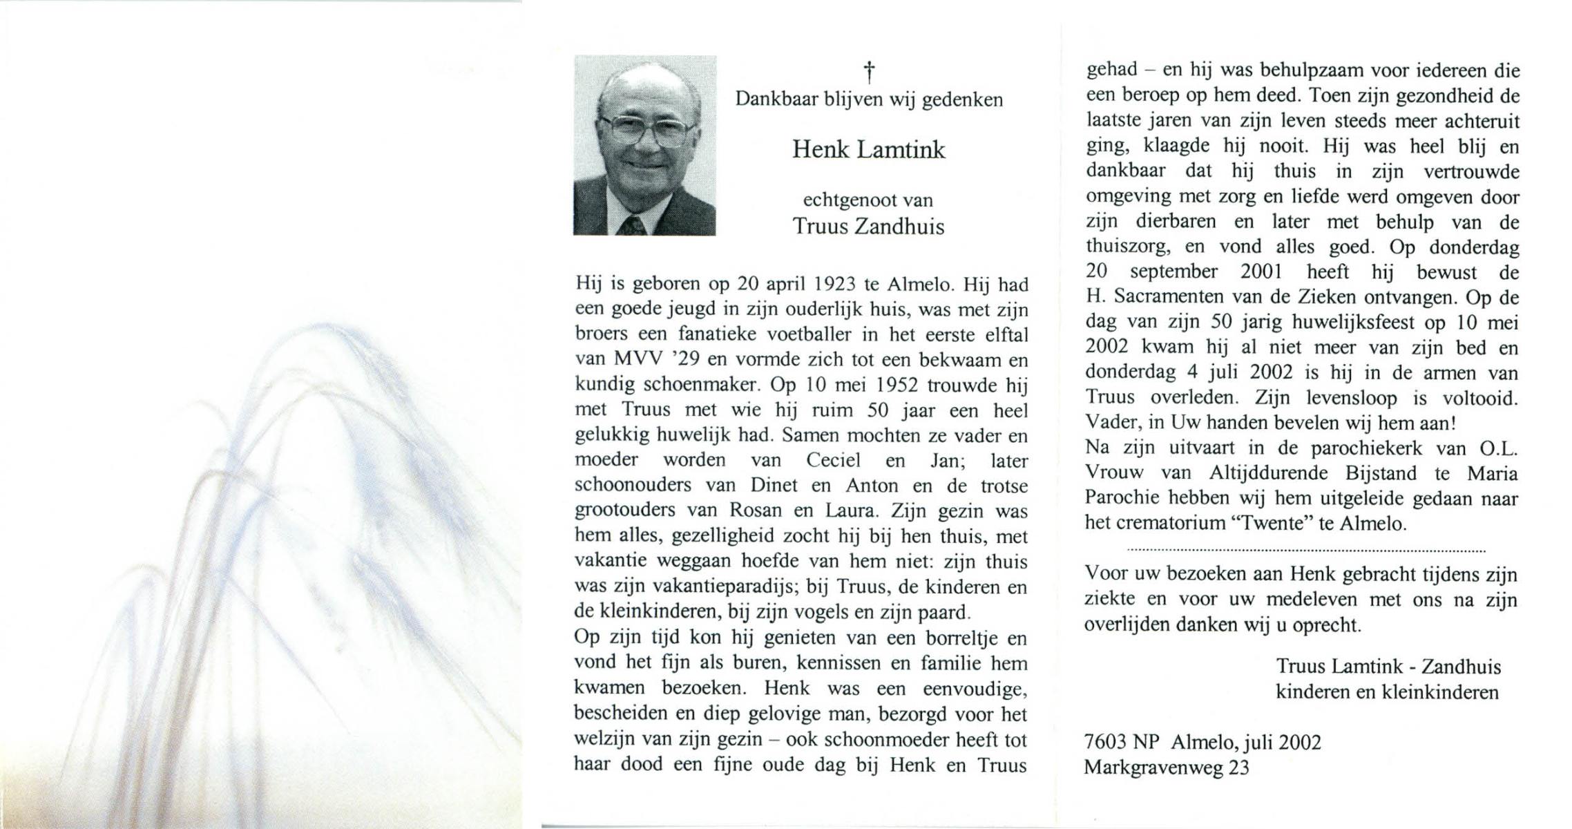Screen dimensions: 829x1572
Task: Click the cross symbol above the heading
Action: point(870,71)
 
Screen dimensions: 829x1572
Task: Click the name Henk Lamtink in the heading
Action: point(868,150)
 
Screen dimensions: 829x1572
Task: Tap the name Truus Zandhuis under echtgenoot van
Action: point(868,227)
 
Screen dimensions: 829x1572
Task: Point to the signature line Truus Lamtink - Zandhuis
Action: point(1388,667)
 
